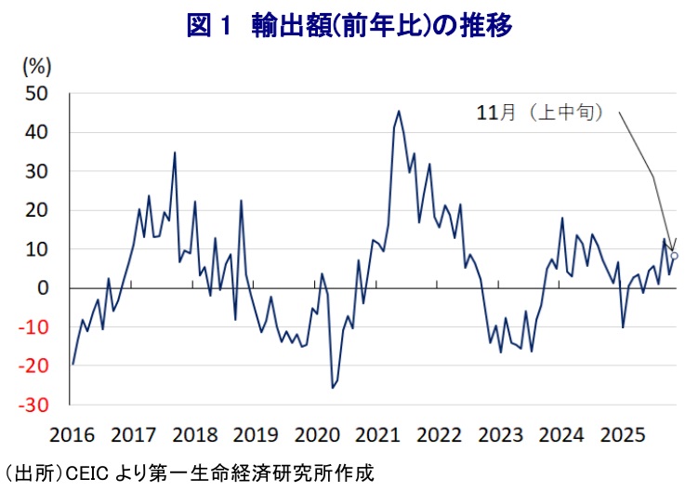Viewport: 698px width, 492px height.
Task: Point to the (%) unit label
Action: [x=37, y=67]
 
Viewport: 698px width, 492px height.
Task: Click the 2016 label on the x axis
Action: [x=72, y=434]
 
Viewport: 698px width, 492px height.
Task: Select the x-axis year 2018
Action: [x=196, y=434]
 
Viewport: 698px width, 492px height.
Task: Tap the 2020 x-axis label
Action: [x=319, y=434]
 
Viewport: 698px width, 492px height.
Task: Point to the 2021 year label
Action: [x=379, y=434]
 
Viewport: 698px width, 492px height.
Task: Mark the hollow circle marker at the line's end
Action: [x=675, y=256]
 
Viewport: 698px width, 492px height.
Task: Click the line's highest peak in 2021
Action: [x=399, y=112]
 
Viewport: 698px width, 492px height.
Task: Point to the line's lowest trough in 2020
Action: [x=333, y=388]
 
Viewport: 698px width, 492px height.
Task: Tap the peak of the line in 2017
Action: [x=175, y=153]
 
